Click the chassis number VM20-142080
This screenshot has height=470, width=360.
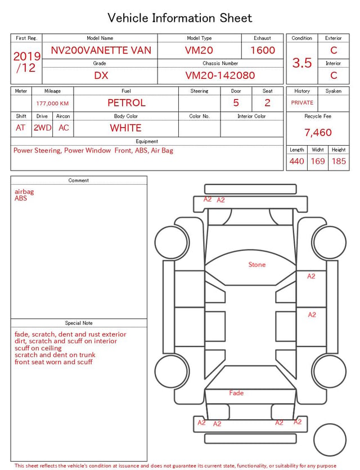tap(220, 75)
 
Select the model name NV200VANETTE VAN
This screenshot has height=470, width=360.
tap(101, 50)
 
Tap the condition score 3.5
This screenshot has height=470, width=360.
tap(302, 63)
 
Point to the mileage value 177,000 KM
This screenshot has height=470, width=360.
tap(52, 104)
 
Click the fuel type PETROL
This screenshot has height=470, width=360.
tap(127, 103)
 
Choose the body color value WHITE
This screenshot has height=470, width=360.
tap(125, 128)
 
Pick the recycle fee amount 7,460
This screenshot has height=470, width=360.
tap(318, 132)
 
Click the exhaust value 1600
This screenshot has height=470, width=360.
tap(263, 50)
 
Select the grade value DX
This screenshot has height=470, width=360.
tap(101, 75)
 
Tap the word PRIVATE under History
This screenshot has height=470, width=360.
tap(302, 103)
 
